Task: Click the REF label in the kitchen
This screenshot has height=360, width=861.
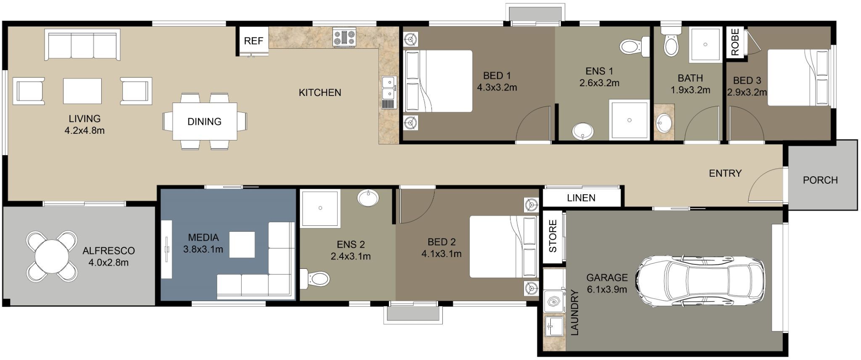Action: coord(254,41)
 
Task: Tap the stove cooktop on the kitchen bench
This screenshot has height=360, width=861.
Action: coord(345,37)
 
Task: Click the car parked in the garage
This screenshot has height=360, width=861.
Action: coord(700,281)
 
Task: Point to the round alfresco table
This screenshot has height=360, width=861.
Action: coord(52,256)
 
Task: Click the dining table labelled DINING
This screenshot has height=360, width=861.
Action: coord(204,122)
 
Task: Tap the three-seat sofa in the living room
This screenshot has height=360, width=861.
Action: coord(82,45)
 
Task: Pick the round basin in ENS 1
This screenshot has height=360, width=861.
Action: coord(583,131)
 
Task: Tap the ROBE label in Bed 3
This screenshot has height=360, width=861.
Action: coord(735,42)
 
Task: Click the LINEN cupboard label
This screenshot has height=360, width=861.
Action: coord(581,198)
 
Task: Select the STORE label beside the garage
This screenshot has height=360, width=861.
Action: coord(553,236)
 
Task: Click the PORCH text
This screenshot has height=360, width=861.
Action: coord(820,180)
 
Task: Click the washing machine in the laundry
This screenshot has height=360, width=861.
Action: coord(554,301)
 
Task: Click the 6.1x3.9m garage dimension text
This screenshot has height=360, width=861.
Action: coord(607,289)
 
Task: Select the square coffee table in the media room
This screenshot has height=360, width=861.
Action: coord(242,244)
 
